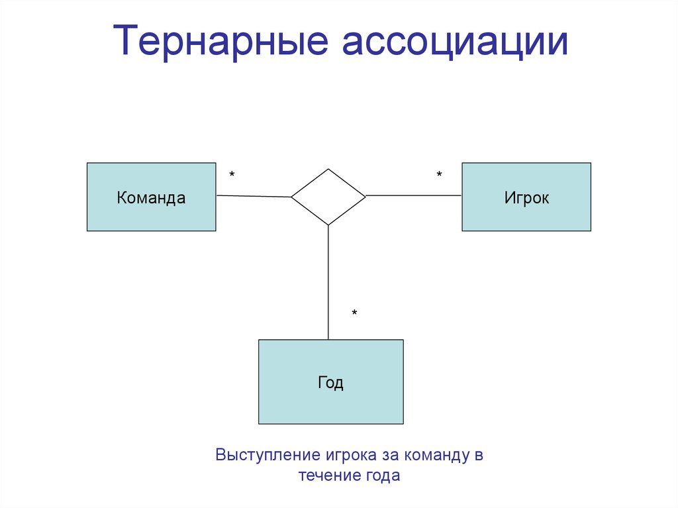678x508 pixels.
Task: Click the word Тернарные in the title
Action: click(221, 41)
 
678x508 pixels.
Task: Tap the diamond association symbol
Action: click(328, 197)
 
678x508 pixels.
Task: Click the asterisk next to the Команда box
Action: click(232, 175)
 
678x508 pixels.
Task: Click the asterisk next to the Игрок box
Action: click(439, 175)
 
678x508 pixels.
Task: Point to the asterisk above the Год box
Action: click(354, 313)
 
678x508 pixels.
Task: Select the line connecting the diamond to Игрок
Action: click(414, 195)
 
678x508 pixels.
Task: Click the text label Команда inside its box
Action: click(151, 197)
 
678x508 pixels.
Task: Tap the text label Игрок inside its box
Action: click(526, 197)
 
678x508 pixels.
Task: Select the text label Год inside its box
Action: click(330, 383)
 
